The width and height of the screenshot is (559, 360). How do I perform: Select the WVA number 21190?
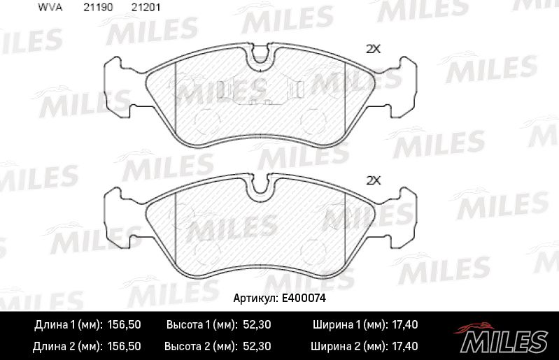coord(97,8)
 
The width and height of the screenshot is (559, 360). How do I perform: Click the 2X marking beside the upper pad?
coord(373,49)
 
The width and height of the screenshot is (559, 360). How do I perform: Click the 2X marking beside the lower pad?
coord(373,180)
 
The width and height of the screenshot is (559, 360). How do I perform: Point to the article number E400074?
coord(304,298)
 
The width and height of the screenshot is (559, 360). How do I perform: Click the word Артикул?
coord(255,298)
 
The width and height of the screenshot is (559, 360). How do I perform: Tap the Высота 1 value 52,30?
coord(258,325)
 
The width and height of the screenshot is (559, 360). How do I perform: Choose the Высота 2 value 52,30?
coord(258,346)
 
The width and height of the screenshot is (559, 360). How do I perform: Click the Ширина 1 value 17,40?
coord(406,325)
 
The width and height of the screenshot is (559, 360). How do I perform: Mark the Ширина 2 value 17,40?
coord(406,346)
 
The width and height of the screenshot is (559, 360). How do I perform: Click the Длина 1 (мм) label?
coord(68,325)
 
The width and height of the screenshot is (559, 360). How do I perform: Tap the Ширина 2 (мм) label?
coord(348,346)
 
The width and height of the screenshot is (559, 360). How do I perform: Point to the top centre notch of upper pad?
coord(261,56)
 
